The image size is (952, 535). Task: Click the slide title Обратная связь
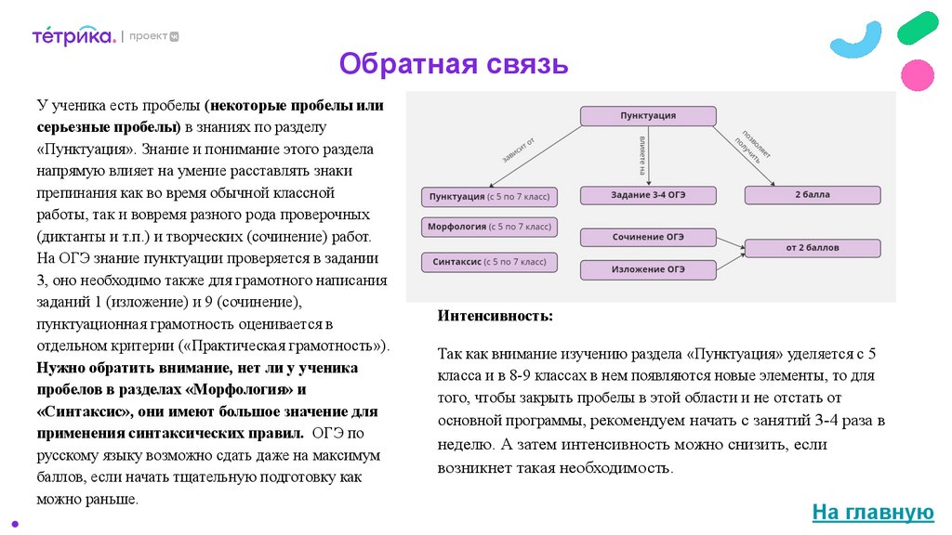tap(453, 64)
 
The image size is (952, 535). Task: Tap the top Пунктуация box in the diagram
tap(648, 116)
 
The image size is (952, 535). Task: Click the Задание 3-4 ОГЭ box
tap(648, 195)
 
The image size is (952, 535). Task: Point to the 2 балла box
tap(812, 195)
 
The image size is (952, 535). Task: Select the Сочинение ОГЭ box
tap(648, 237)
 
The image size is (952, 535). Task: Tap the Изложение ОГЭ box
tap(648, 269)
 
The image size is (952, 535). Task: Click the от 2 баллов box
tap(812, 248)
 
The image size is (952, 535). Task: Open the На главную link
tap(872, 512)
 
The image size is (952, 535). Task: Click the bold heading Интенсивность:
tap(495, 317)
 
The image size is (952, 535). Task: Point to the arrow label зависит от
tap(519, 149)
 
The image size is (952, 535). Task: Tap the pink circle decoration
tap(918, 74)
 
